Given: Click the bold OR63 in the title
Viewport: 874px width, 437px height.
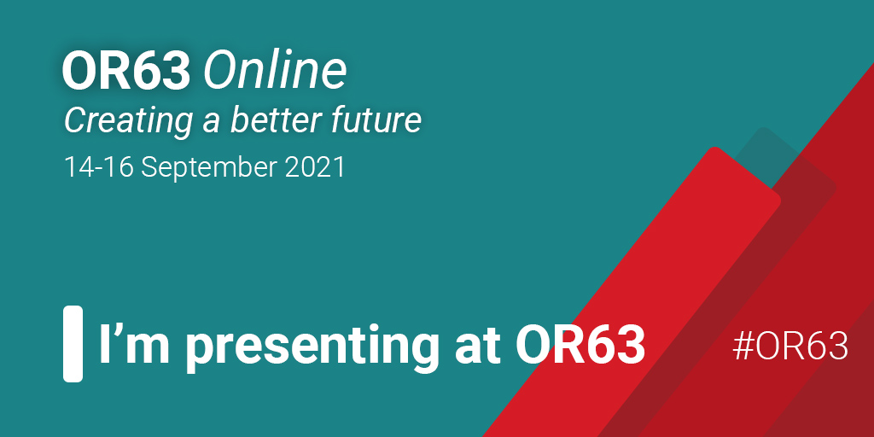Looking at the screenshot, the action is click(126, 72).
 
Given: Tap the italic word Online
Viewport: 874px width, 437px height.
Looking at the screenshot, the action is click(275, 72).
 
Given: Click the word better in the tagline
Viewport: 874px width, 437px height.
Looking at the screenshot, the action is click(277, 119).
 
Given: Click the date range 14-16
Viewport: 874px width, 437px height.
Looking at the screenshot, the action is click(99, 167).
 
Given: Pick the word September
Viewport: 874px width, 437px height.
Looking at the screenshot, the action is click(209, 168).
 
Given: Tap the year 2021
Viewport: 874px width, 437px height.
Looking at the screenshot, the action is click(315, 167).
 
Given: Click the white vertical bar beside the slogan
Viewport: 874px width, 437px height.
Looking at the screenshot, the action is click(73, 343).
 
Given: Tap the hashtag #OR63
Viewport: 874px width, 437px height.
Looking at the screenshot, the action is click(790, 346).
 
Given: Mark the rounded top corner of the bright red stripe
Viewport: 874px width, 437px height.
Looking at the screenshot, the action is click(714, 149).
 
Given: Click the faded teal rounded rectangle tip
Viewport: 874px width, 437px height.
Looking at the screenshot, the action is click(763, 131).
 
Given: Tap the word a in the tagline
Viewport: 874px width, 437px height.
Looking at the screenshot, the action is click(211, 123).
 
